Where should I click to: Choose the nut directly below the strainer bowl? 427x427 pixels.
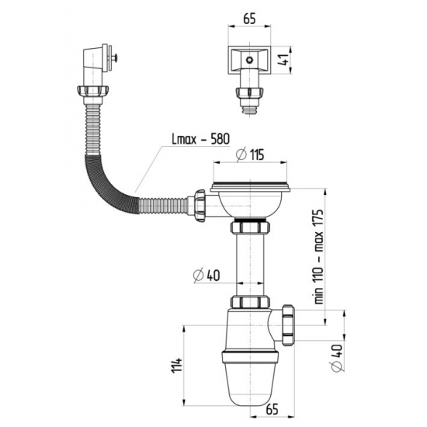[x=248, y=230]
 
